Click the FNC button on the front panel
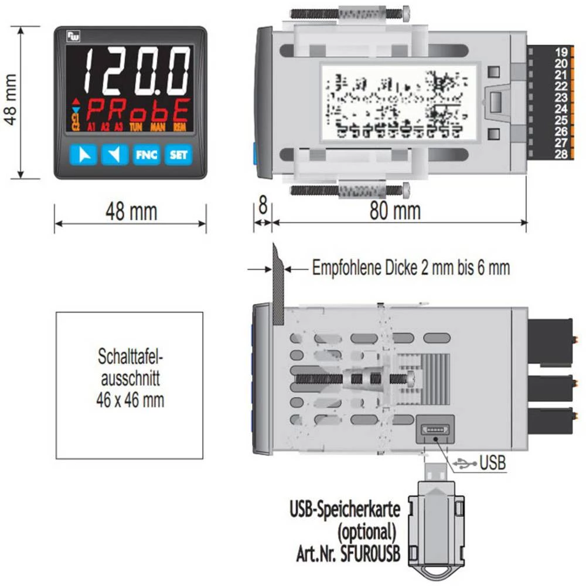point(146,155)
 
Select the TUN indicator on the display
point(135,127)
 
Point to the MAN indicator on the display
point(158,127)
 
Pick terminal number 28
point(561,154)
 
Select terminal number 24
point(561,109)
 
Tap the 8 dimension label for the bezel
point(263,208)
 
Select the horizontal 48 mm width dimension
point(131,212)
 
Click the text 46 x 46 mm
point(130,400)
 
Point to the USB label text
point(492,463)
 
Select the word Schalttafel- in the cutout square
point(130,356)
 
